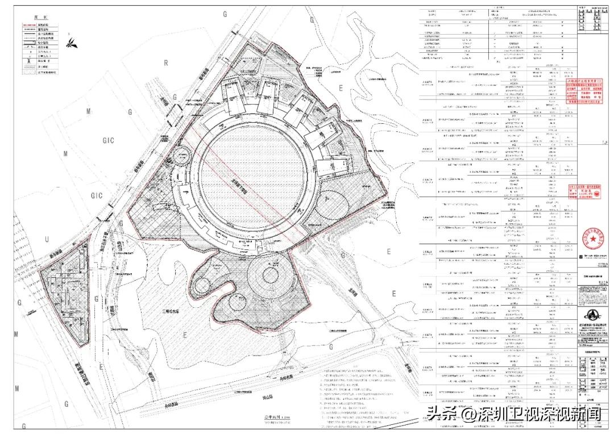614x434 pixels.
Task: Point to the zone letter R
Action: (x=166, y=62)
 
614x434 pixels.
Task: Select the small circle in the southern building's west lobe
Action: (x=202, y=284)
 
